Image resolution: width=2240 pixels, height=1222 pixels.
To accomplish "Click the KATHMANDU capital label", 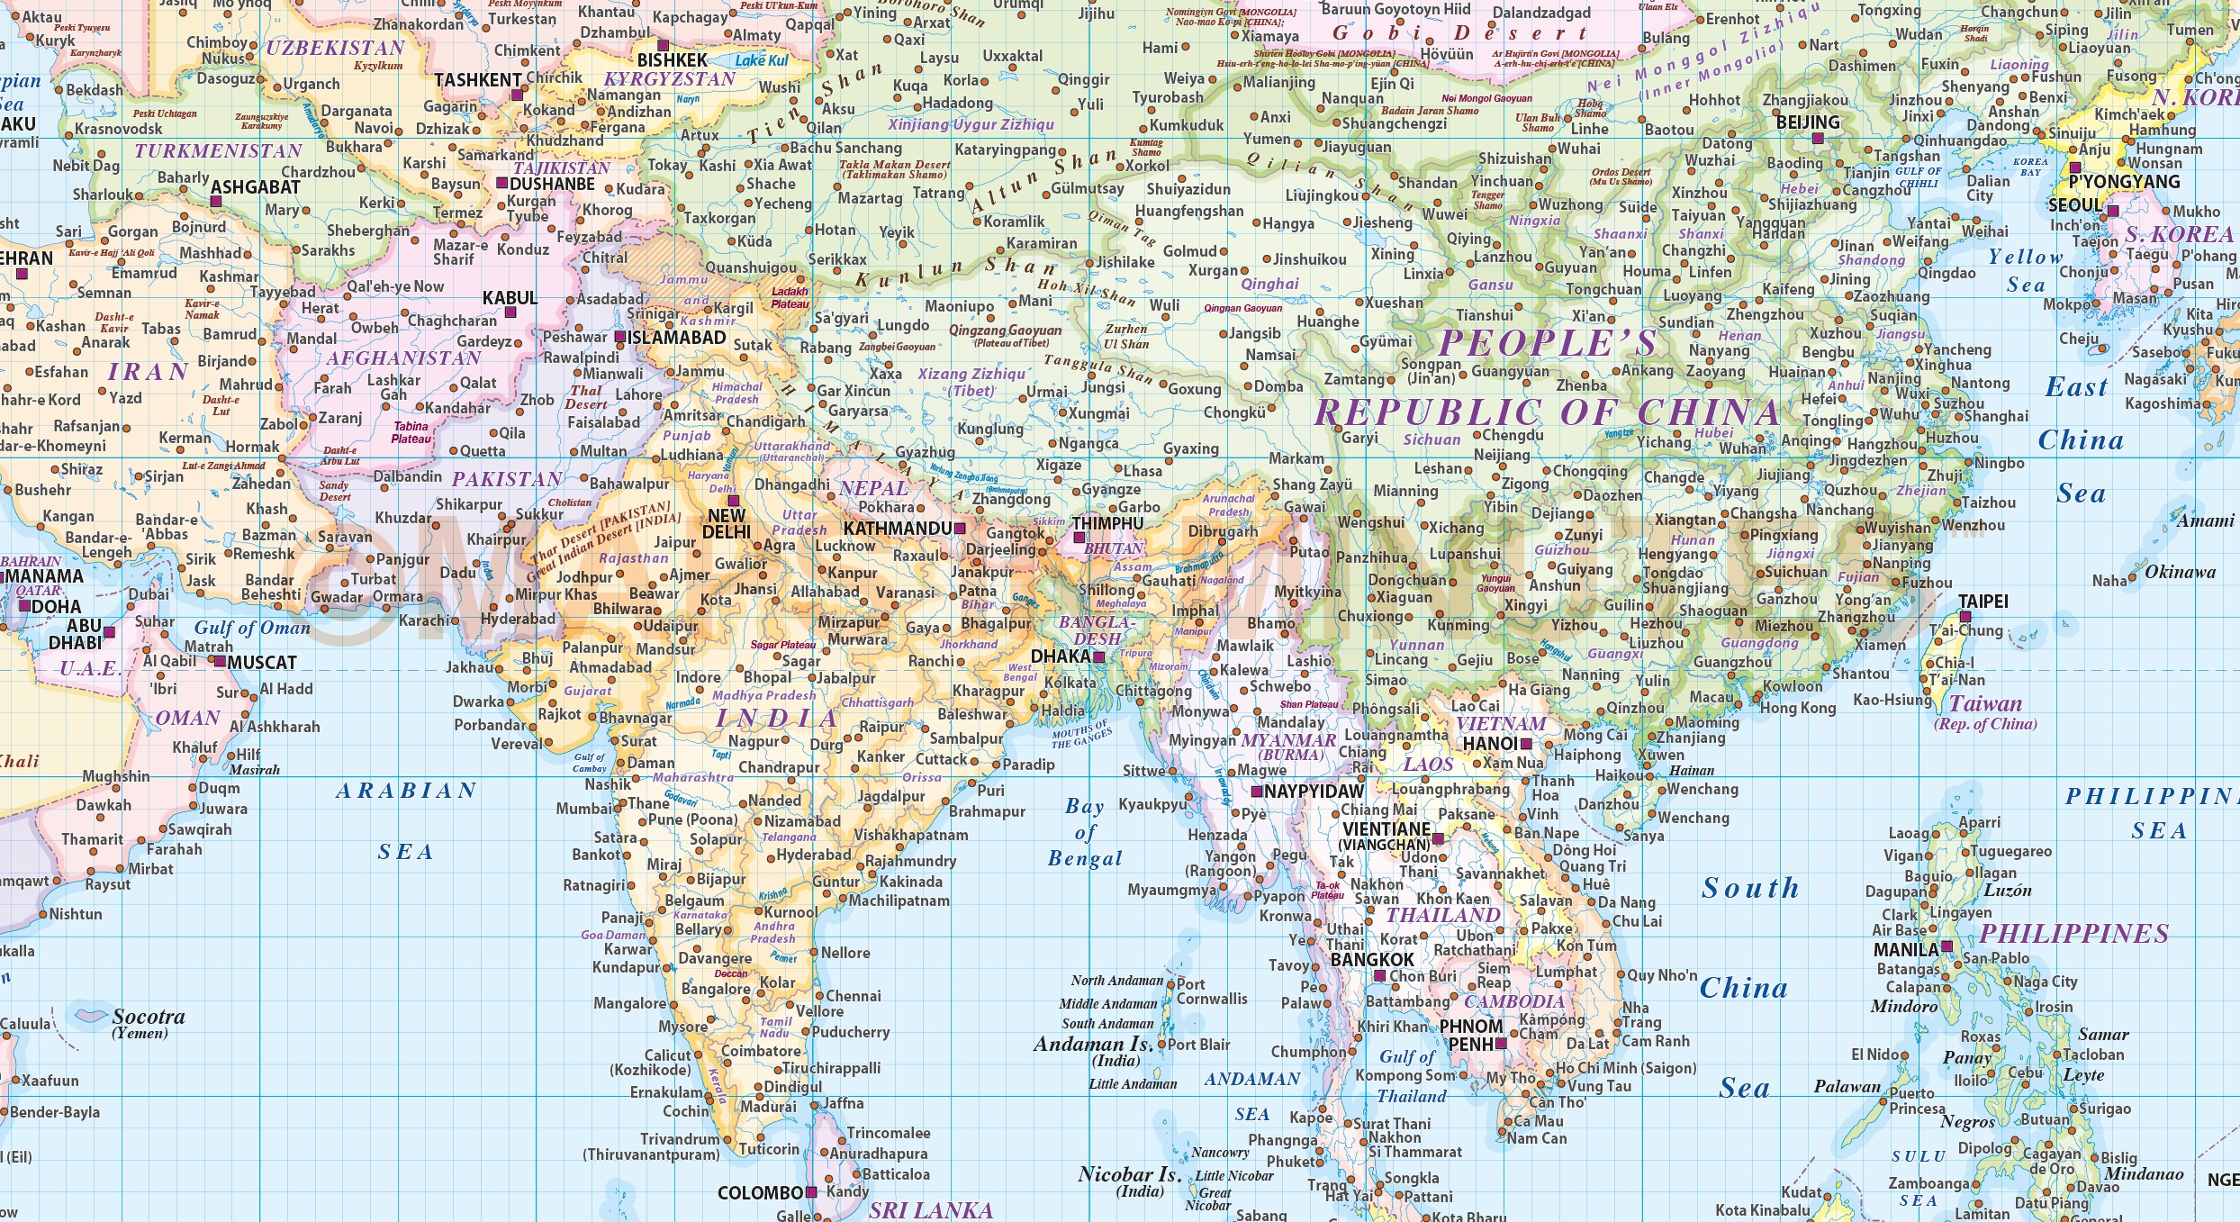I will tap(897, 529).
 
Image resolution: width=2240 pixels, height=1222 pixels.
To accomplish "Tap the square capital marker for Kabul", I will tap(510, 312).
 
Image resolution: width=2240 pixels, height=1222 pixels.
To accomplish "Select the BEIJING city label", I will tap(1808, 122).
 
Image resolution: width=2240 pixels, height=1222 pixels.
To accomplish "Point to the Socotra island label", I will tap(149, 1017).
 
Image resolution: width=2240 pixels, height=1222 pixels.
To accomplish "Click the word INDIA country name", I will tap(777, 718).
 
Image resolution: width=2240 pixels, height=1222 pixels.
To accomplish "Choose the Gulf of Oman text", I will tap(252, 628).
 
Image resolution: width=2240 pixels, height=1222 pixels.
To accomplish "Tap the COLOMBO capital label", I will tap(760, 1192).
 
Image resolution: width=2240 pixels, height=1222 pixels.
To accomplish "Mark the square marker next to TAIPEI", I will tap(1965, 617).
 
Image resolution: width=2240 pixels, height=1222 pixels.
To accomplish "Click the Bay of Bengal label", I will tap(1085, 832).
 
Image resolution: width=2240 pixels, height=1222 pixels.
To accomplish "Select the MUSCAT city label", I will tap(261, 663).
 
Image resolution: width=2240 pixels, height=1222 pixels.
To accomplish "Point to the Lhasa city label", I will tap(1143, 471).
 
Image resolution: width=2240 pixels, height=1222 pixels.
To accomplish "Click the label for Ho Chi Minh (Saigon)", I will tap(1626, 1068).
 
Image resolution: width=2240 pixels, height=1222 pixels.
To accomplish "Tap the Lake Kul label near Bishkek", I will tap(761, 60).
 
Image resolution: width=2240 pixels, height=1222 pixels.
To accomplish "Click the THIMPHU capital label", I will tap(1107, 523).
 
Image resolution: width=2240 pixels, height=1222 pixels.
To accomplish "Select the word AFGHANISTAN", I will tap(403, 358).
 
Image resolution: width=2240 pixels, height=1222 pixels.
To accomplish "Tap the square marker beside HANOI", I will tap(1526, 744).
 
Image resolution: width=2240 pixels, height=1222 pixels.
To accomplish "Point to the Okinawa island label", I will tap(2180, 572).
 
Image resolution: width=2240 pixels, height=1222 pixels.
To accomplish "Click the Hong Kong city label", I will tap(1798, 708).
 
